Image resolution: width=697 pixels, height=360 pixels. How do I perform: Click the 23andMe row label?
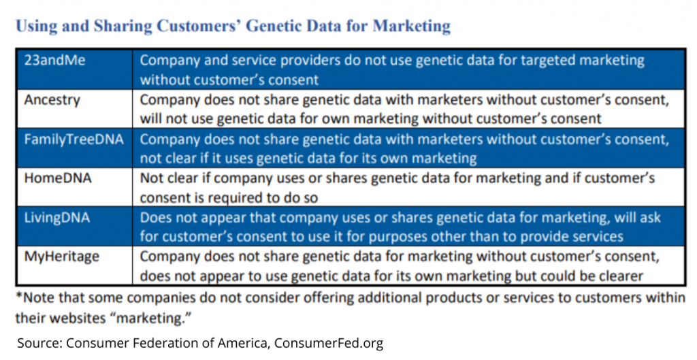tap(54, 60)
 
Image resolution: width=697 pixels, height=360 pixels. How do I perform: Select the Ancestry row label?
tap(52, 100)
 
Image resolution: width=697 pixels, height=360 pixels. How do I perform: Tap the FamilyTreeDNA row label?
tap(74, 139)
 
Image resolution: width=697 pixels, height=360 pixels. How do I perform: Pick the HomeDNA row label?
tap(58, 178)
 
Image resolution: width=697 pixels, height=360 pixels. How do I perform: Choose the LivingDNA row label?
tap(57, 218)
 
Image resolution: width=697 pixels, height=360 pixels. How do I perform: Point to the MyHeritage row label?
tap(62, 257)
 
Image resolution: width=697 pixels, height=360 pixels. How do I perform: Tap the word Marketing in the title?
tap(412, 27)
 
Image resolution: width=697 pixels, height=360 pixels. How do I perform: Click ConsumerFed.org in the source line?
tap(329, 343)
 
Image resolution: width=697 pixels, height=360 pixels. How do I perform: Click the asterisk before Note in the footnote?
tap(18, 295)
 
